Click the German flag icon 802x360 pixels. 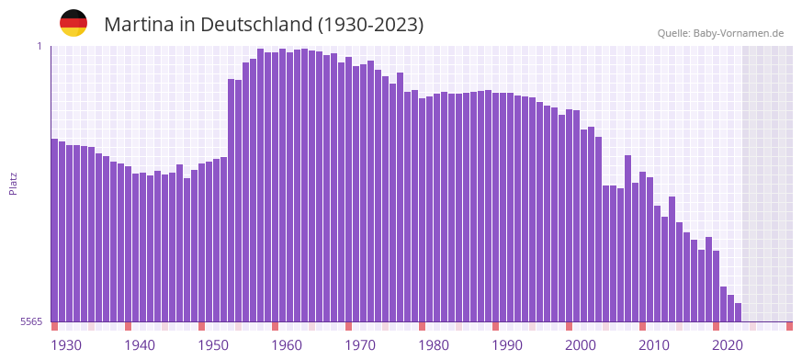click(x=73, y=24)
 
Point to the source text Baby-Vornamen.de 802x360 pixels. click(x=738, y=33)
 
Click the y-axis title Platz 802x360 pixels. click(x=13, y=183)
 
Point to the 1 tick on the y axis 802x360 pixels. click(x=40, y=46)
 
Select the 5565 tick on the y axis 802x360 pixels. click(x=31, y=321)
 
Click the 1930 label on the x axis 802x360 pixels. click(x=66, y=345)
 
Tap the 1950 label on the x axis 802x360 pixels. click(x=213, y=345)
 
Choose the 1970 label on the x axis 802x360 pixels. click(x=360, y=345)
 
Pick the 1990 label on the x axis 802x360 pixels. click(x=507, y=345)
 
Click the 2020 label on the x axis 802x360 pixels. click(x=728, y=345)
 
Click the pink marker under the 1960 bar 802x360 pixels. click(x=275, y=326)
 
